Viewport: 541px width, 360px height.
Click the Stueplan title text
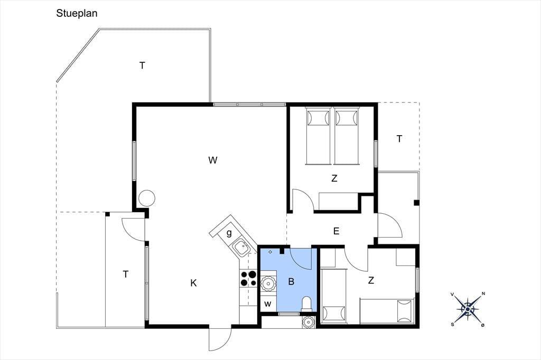tap(77, 13)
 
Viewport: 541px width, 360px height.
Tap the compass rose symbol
tap(468, 309)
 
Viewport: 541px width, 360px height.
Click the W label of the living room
tap(213, 160)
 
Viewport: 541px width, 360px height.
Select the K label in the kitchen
tap(193, 283)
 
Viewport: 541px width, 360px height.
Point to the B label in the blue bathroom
tap(291, 282)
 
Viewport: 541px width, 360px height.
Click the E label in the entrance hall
tap(337, 231)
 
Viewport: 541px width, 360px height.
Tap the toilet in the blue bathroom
tap(306, 304)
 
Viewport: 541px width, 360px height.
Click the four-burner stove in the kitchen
tap(248, 279)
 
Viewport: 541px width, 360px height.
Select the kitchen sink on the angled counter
tap(241, 247)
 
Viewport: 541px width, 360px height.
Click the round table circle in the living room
tap(147, 198)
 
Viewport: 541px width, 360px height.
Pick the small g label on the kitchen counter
tap(229, 233)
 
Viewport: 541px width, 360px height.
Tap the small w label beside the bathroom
tap(268, 305)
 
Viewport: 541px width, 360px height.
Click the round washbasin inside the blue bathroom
tap(268, 284)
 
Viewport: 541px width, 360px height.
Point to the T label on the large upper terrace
tap(142, 65)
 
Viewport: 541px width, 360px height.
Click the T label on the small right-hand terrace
tap(399, 139)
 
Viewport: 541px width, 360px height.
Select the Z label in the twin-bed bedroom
tap(334, 178)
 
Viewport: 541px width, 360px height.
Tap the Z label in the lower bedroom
tap(371, 280)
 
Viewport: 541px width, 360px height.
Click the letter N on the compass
tap(483, 294)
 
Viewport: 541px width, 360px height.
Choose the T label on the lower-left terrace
tap(126, 274)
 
